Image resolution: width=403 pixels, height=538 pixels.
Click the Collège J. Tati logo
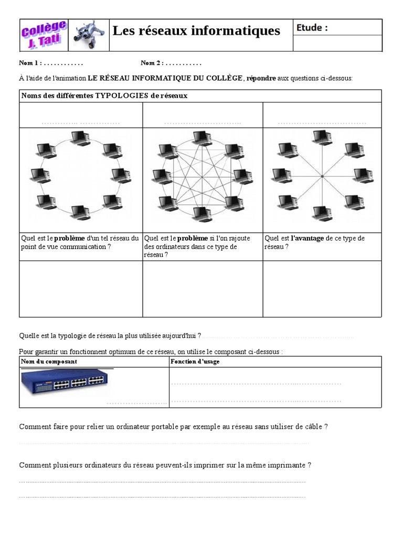(x=44, y=34)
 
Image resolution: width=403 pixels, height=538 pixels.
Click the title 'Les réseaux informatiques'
(x=197, y=31)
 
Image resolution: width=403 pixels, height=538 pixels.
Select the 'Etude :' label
(x=312, y=28)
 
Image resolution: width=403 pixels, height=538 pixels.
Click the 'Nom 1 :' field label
(x=30, y=63)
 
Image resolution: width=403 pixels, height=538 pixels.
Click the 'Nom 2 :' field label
(x=152, y=63)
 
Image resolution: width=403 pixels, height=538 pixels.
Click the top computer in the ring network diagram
(x=80, y=138)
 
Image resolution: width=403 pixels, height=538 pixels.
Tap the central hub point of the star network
(x=322, y=177)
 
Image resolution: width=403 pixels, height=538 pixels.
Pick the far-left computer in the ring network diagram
(x=39, y=176)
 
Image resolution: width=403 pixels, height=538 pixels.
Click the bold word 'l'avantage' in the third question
(x=307, y=239)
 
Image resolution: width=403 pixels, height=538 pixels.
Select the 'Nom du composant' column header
(x=49, y=361)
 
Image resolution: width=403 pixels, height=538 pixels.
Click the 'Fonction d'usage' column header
(x=195, y=361)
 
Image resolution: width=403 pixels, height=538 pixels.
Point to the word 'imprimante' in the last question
(x=287, y=465)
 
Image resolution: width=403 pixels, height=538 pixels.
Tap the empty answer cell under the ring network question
(x=81, y=288)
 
